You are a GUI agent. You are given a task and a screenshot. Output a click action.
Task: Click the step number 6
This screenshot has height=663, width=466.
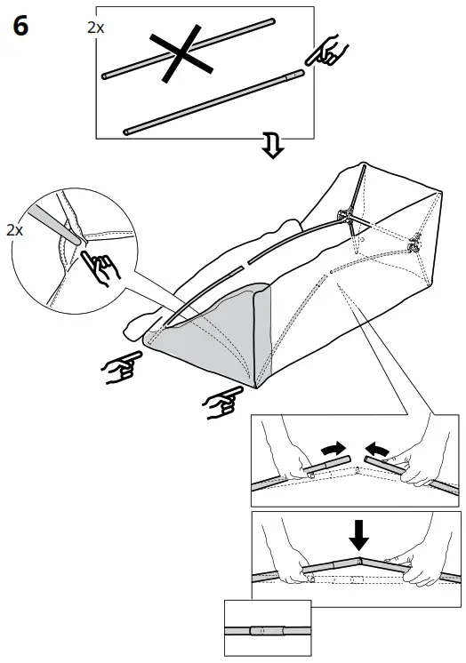[x=20, y=27]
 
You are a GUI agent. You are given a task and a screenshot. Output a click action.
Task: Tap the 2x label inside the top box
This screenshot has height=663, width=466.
[x=95, y=28]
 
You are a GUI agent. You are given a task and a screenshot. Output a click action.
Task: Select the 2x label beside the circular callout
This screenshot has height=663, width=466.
[x=14, y=230]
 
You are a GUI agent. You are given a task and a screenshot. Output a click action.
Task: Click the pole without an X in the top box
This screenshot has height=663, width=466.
[x=213, y=100]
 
